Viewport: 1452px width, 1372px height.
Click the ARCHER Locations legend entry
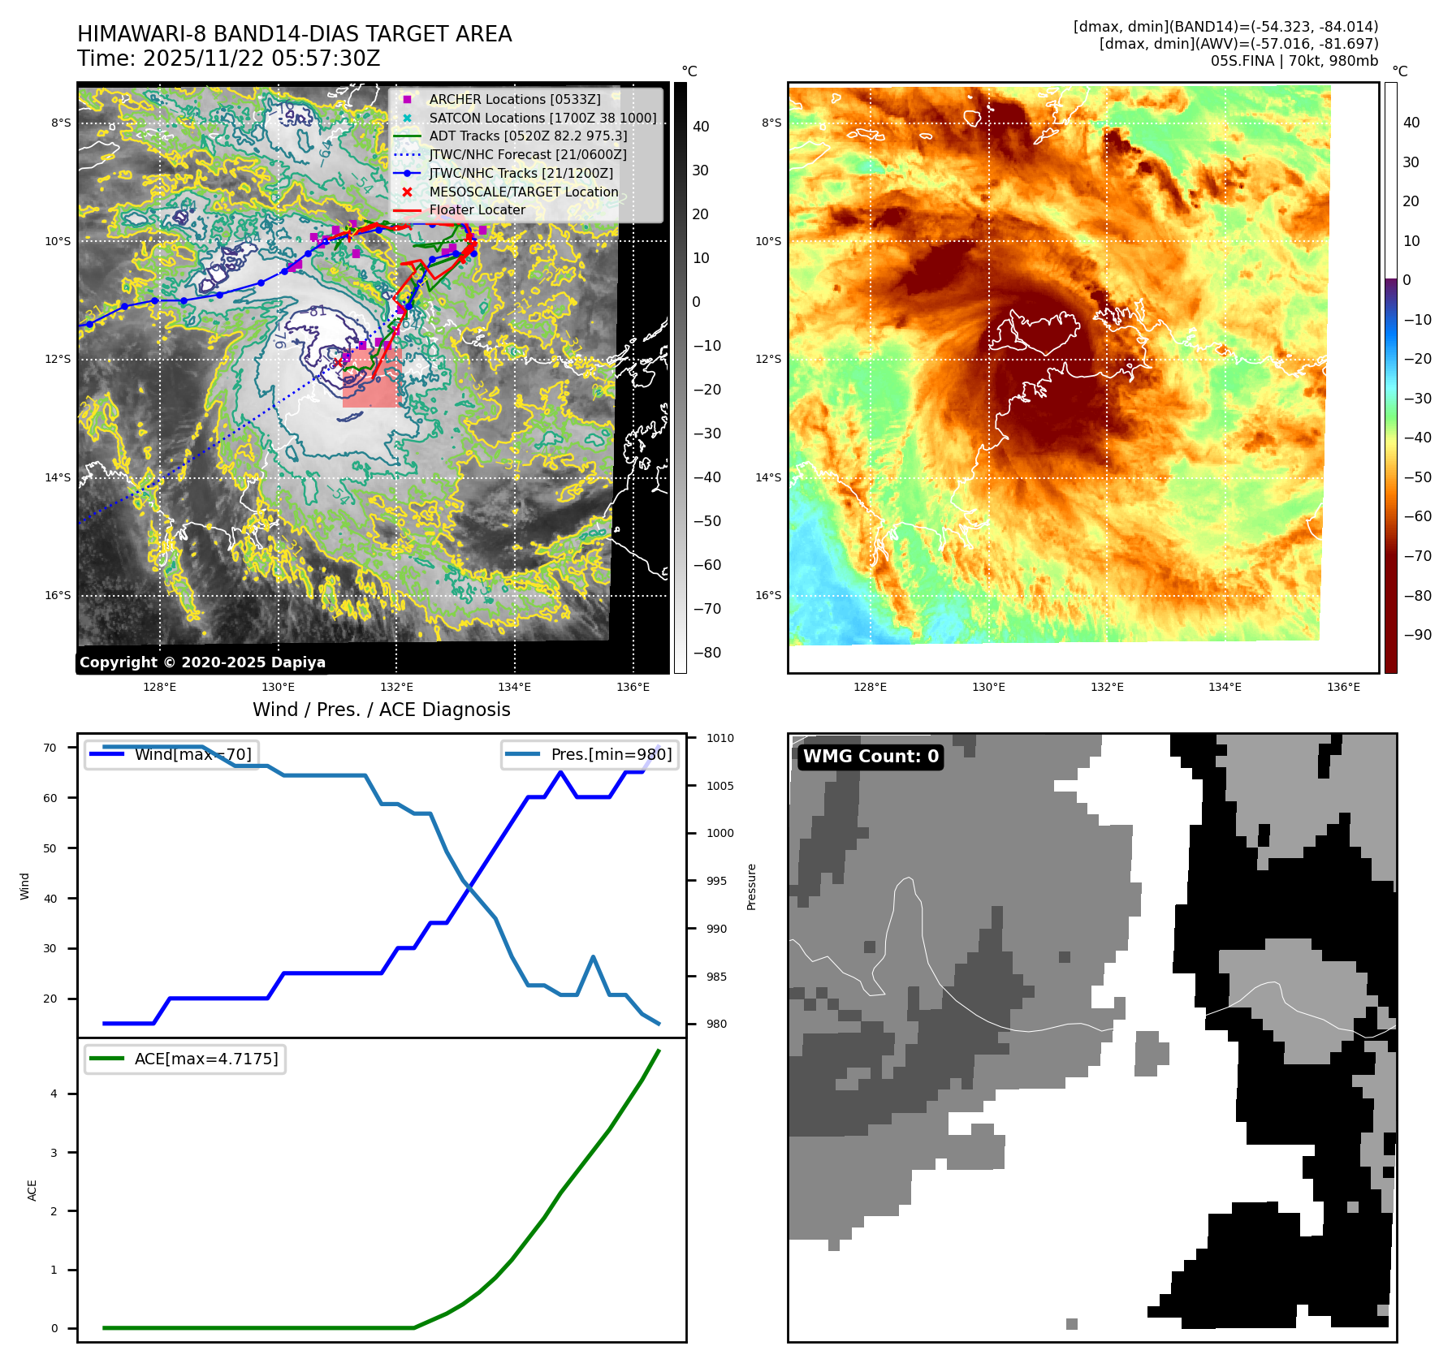pyautogui.click(x=515, y=99)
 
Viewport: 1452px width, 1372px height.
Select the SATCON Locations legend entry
pyautogui.click(x=542, y=118)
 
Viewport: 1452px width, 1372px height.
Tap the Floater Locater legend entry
pyautogui.click(x=477, y=209)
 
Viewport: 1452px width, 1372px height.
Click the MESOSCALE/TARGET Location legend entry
pyautogui.click(x=524, y=192)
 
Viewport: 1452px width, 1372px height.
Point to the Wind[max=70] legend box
pyautogui.click(x=171, y=754)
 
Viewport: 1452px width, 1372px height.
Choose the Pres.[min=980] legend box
pyautogui.click(x=590, y=754)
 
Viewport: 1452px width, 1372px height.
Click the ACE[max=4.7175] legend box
pyautogui.click(x=185, y=1059)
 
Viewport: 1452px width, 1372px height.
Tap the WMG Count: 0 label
pyautogui.click(x=871, y=757)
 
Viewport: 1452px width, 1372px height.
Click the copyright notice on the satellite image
pyautogui.click(x=202, y=662)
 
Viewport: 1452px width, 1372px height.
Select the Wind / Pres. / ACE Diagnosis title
pyautogui.click(x=381, y=710)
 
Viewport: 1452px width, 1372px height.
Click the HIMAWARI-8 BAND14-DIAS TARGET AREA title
pyautogui.click(x=294, y=34)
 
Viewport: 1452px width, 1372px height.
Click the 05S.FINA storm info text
pyautogui.click(x=1294, y=61)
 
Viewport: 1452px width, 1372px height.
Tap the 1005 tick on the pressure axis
pyautogui.click(x=720, y=786)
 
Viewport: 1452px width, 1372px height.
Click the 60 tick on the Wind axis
pyautogui.click(x=50, y=798)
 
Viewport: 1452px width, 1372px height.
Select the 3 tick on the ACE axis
pyautogui.click(x=54, y=1153)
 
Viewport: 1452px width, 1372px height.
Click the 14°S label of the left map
pyautogui.click(x=58, y=477)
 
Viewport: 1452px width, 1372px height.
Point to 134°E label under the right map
pyautogui.click(x=1225, y=687)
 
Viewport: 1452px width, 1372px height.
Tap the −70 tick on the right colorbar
pyautogui.click(x=1418, y=556)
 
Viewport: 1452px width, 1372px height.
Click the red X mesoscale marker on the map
pyautogui.click(x=338, y=362)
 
